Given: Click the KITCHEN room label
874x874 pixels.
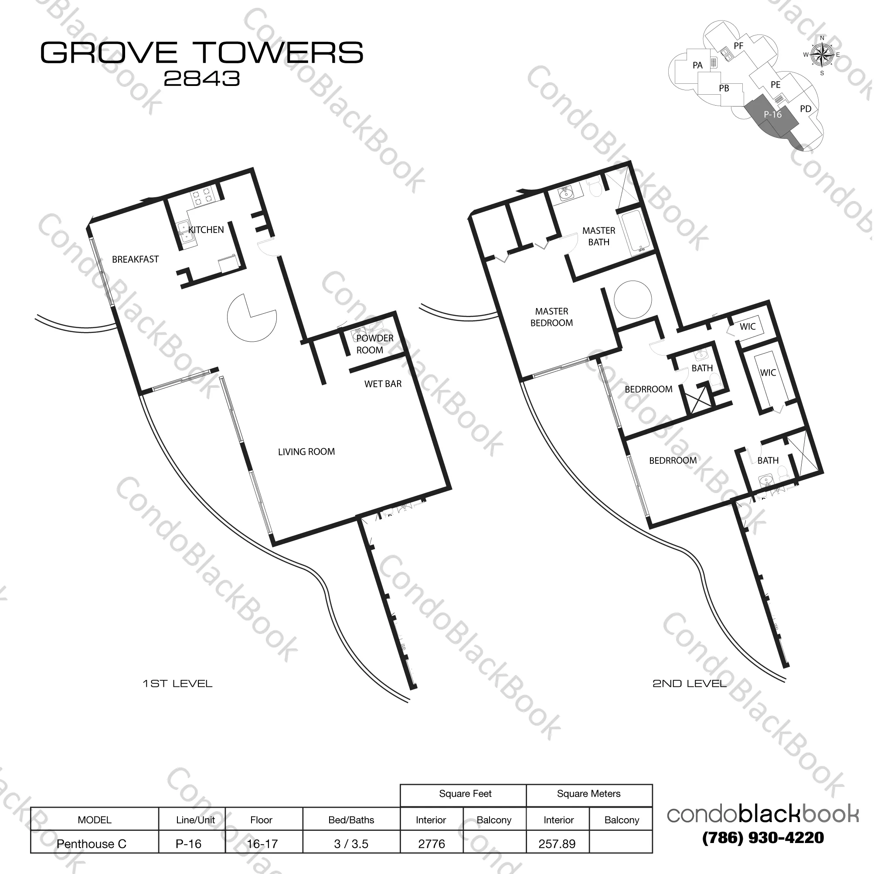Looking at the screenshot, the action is (x=206, y=230).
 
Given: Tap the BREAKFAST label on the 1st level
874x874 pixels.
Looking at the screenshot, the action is (x=135, y=259).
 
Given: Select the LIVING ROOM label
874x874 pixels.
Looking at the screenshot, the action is (x=306, y=452).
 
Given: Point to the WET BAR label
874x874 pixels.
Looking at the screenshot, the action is (x=383, y=384).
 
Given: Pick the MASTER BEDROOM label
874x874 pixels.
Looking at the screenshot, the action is (x=551, y=317).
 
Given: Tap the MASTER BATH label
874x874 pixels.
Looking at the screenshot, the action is (x=599, y=236).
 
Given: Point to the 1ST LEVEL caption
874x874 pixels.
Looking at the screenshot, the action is (x=177, y=684).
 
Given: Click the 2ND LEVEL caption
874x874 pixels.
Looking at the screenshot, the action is (x=689, y=684).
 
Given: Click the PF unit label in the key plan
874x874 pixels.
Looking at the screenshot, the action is (x=739, y=46).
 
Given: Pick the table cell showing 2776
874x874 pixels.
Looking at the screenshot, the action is (x=432, y=843).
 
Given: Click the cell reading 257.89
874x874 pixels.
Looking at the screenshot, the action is (x=557, y=843).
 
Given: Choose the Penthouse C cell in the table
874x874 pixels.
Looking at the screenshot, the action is (x=92, y=843).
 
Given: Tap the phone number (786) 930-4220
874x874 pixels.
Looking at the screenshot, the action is (x=763, y=837).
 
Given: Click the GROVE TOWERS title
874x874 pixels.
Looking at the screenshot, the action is (x=202, y=52).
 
